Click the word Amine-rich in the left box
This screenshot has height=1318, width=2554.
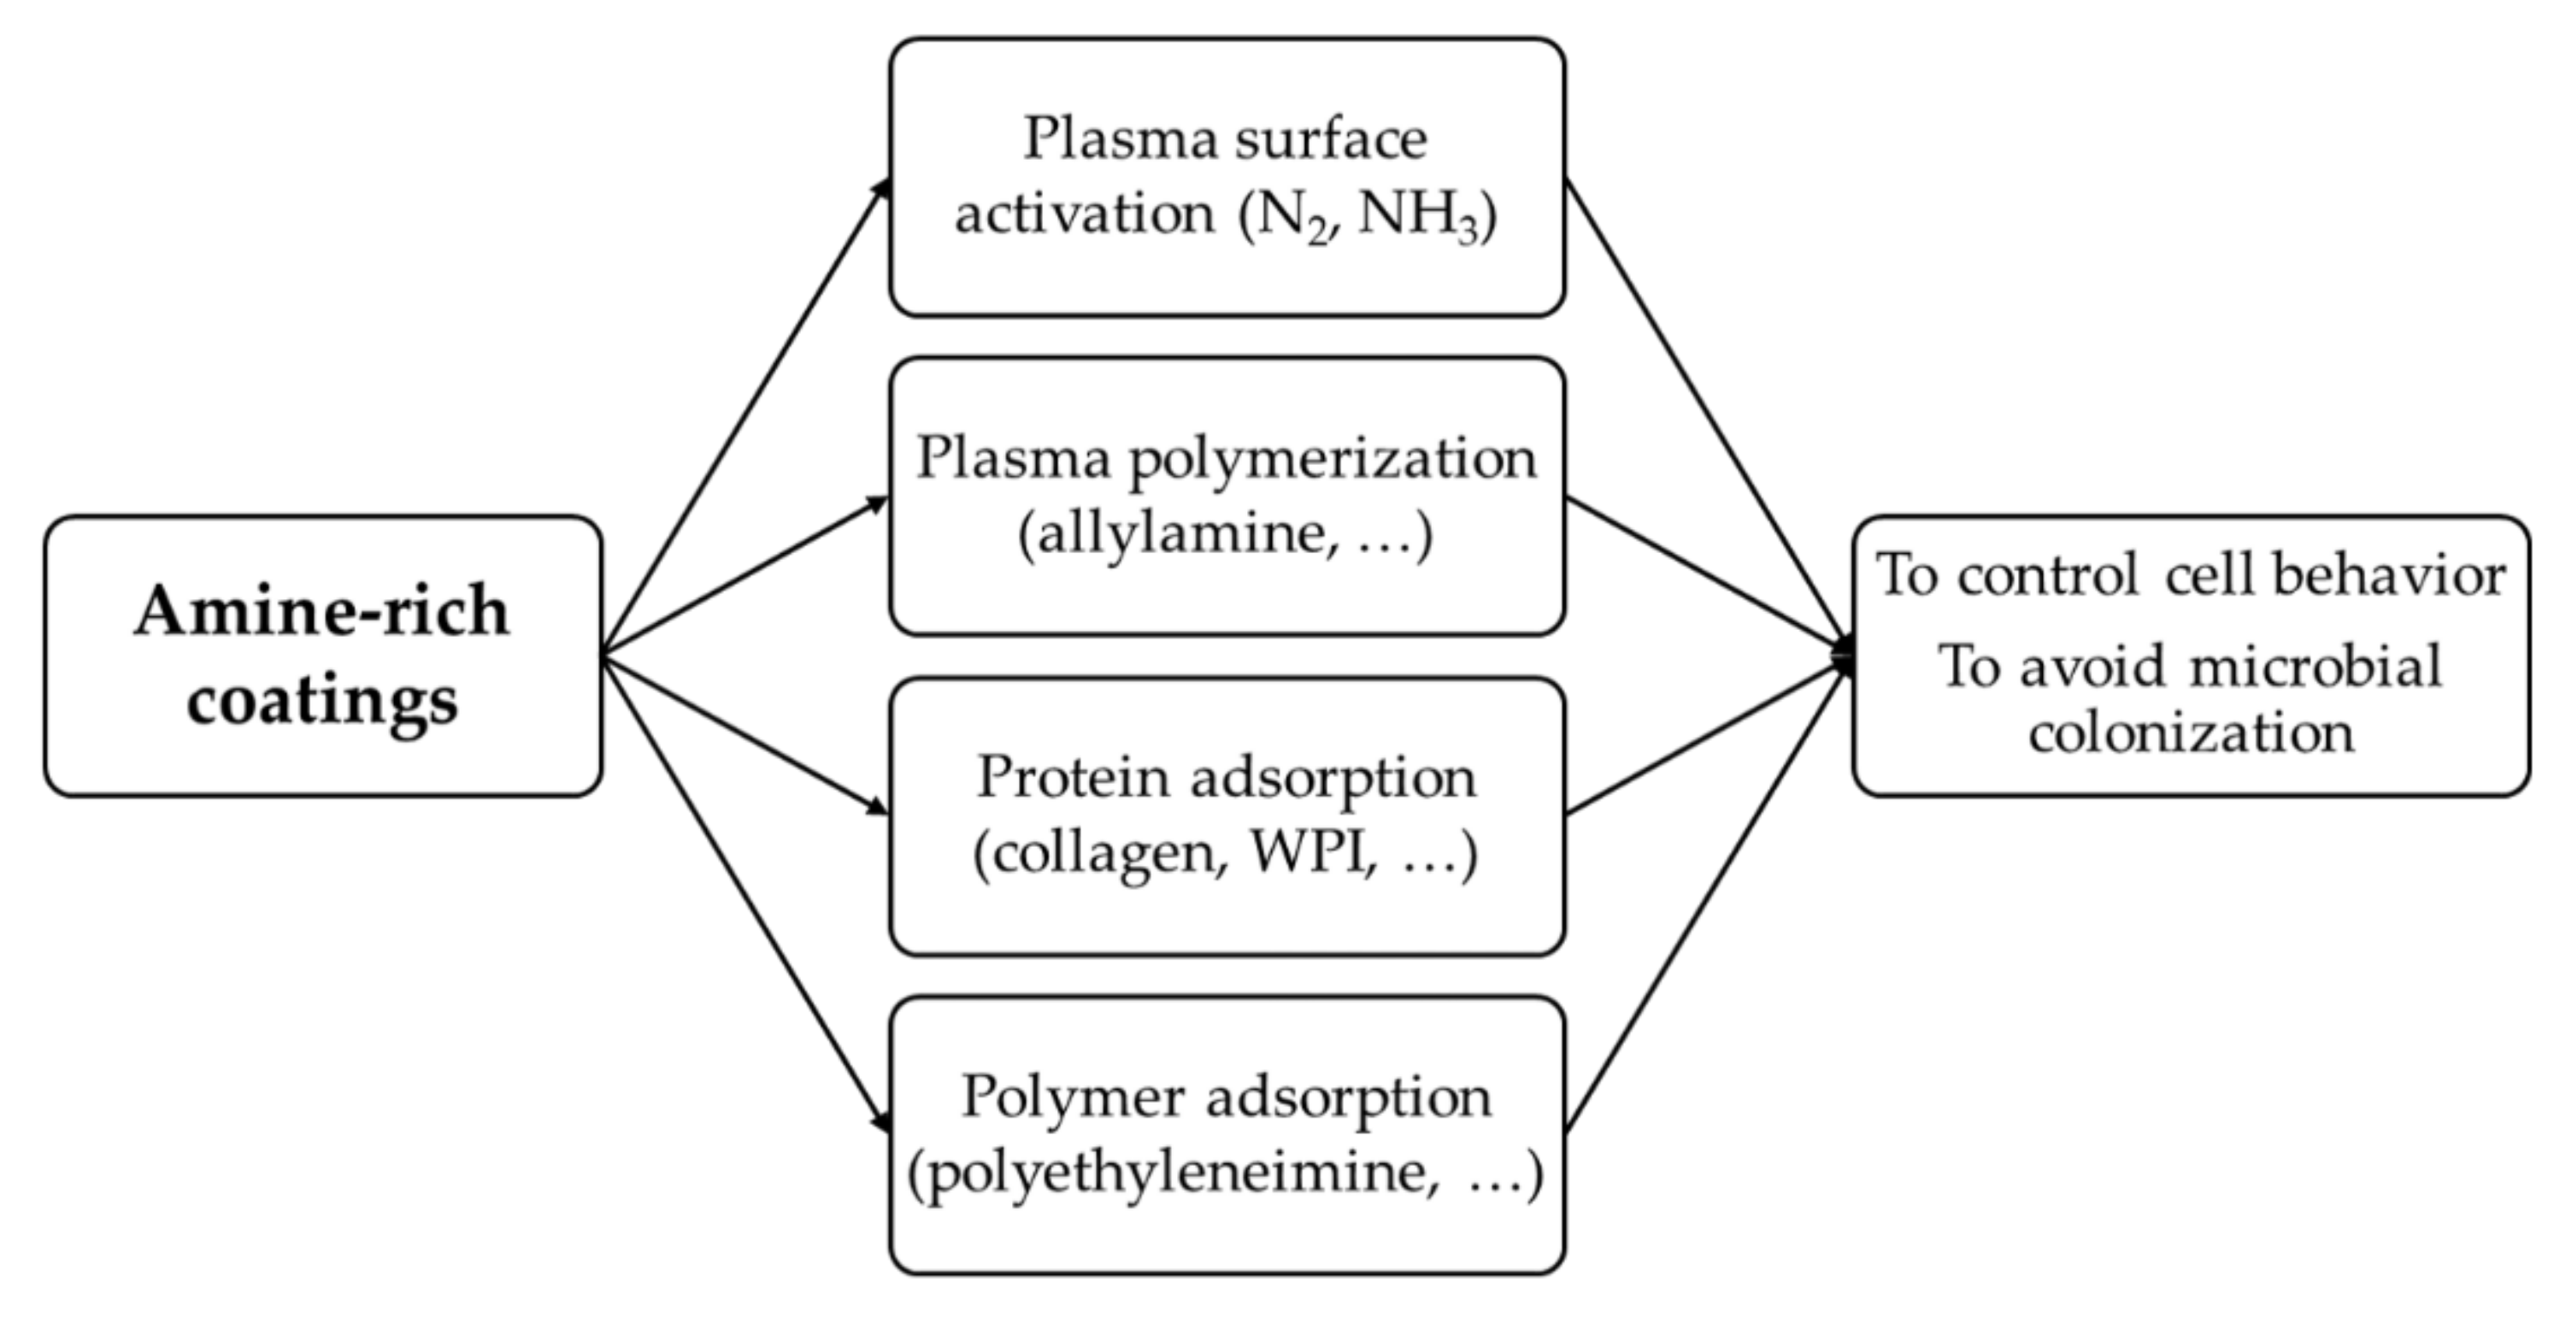click(x=321, y=612)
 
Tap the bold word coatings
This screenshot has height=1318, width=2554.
click(x=322, y=701)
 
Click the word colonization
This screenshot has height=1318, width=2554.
click(x=2190, y=734)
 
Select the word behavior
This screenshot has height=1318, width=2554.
click(x=2389, y=575)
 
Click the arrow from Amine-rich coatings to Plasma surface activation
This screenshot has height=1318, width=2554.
click(x=744, y=416)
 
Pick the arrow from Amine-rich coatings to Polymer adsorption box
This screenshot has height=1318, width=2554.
click(x=744, y=892)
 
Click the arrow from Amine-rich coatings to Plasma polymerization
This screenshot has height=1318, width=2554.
click(x=744, y=578)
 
